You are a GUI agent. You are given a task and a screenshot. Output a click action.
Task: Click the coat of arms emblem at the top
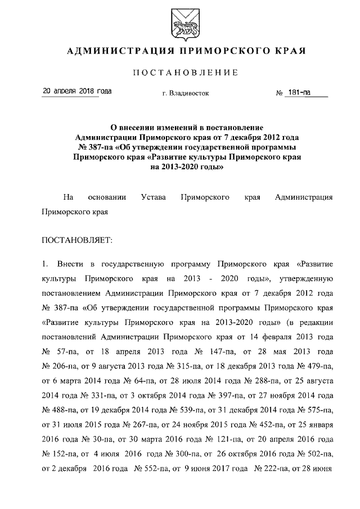(x=181, y=22)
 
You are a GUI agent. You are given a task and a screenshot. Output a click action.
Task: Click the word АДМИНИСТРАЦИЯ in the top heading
(x=115, y=52)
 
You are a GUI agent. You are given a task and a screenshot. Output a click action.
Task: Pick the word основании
(x=107, y=197)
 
